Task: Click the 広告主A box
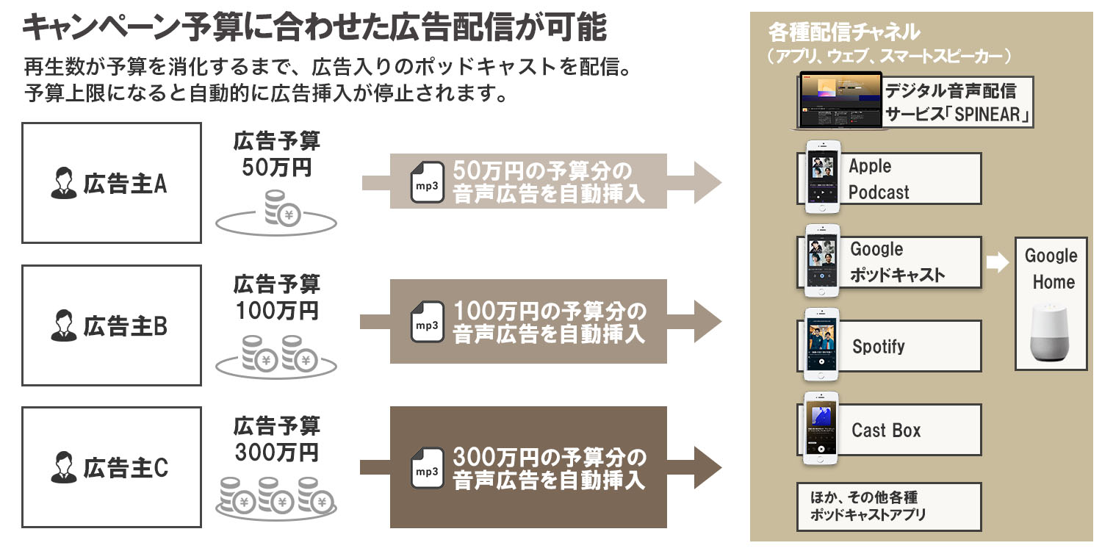tap(111, 183)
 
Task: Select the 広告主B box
tap(111, 325)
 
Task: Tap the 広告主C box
tap(111, 467)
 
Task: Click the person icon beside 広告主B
tap(64, 326)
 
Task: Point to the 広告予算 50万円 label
tap(276, 154)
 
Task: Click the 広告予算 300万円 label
tap(276, 439)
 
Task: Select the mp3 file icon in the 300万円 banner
tap(427, 468)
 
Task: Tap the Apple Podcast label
tap(879, 179)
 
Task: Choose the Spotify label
tap(878, 346)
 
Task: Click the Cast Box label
tap(886, 430)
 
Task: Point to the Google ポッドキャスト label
tap(897, 262)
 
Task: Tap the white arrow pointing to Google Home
tap(997, 262)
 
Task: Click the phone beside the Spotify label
tap(821, 344)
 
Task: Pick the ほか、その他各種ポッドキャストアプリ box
tap(889, 506)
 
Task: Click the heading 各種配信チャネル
tap(843, 32)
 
